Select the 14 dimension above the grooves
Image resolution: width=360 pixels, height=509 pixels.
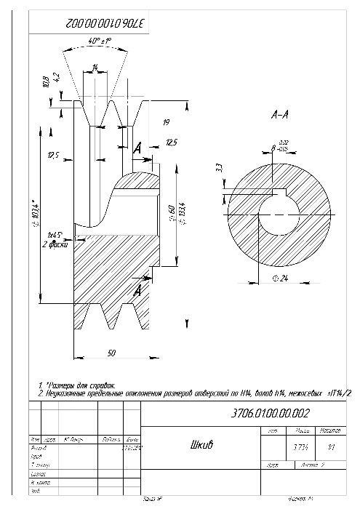coord(95,67)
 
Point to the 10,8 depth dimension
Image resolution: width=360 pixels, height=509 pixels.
coord(47,80)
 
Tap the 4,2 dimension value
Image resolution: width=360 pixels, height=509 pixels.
coord(56,75)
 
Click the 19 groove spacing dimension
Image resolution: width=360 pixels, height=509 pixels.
coord(166,121)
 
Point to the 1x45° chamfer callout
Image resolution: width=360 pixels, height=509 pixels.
coord(53,236)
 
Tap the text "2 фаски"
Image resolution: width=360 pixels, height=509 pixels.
coord(55,245)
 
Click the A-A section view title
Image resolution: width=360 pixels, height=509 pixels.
coord(281,114)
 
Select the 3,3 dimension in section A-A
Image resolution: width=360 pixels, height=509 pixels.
coord(219,169)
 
